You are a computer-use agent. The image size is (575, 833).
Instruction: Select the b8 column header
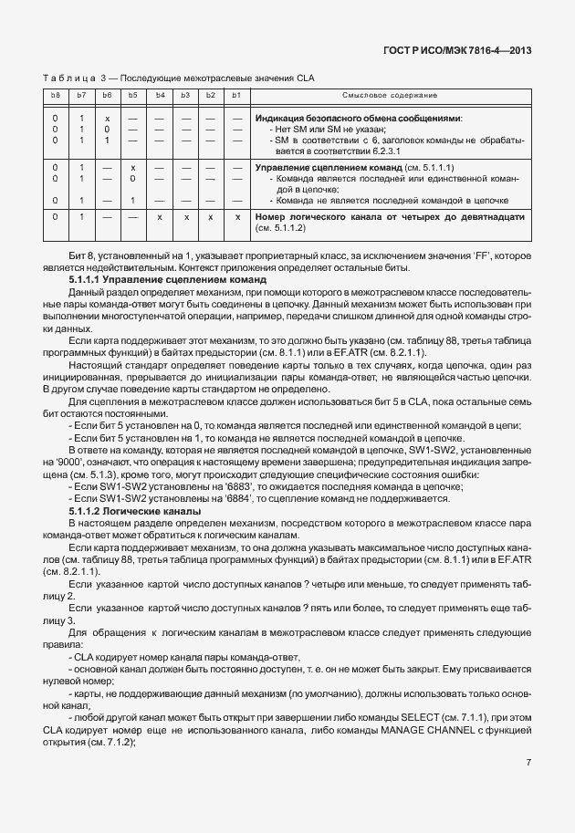[x=56, y=95]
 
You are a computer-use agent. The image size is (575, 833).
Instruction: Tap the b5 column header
[x=132, y=95]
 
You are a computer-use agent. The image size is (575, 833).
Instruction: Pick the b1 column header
[x=235, y=95]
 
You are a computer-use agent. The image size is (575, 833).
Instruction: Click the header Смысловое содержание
[x=389, y=95]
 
